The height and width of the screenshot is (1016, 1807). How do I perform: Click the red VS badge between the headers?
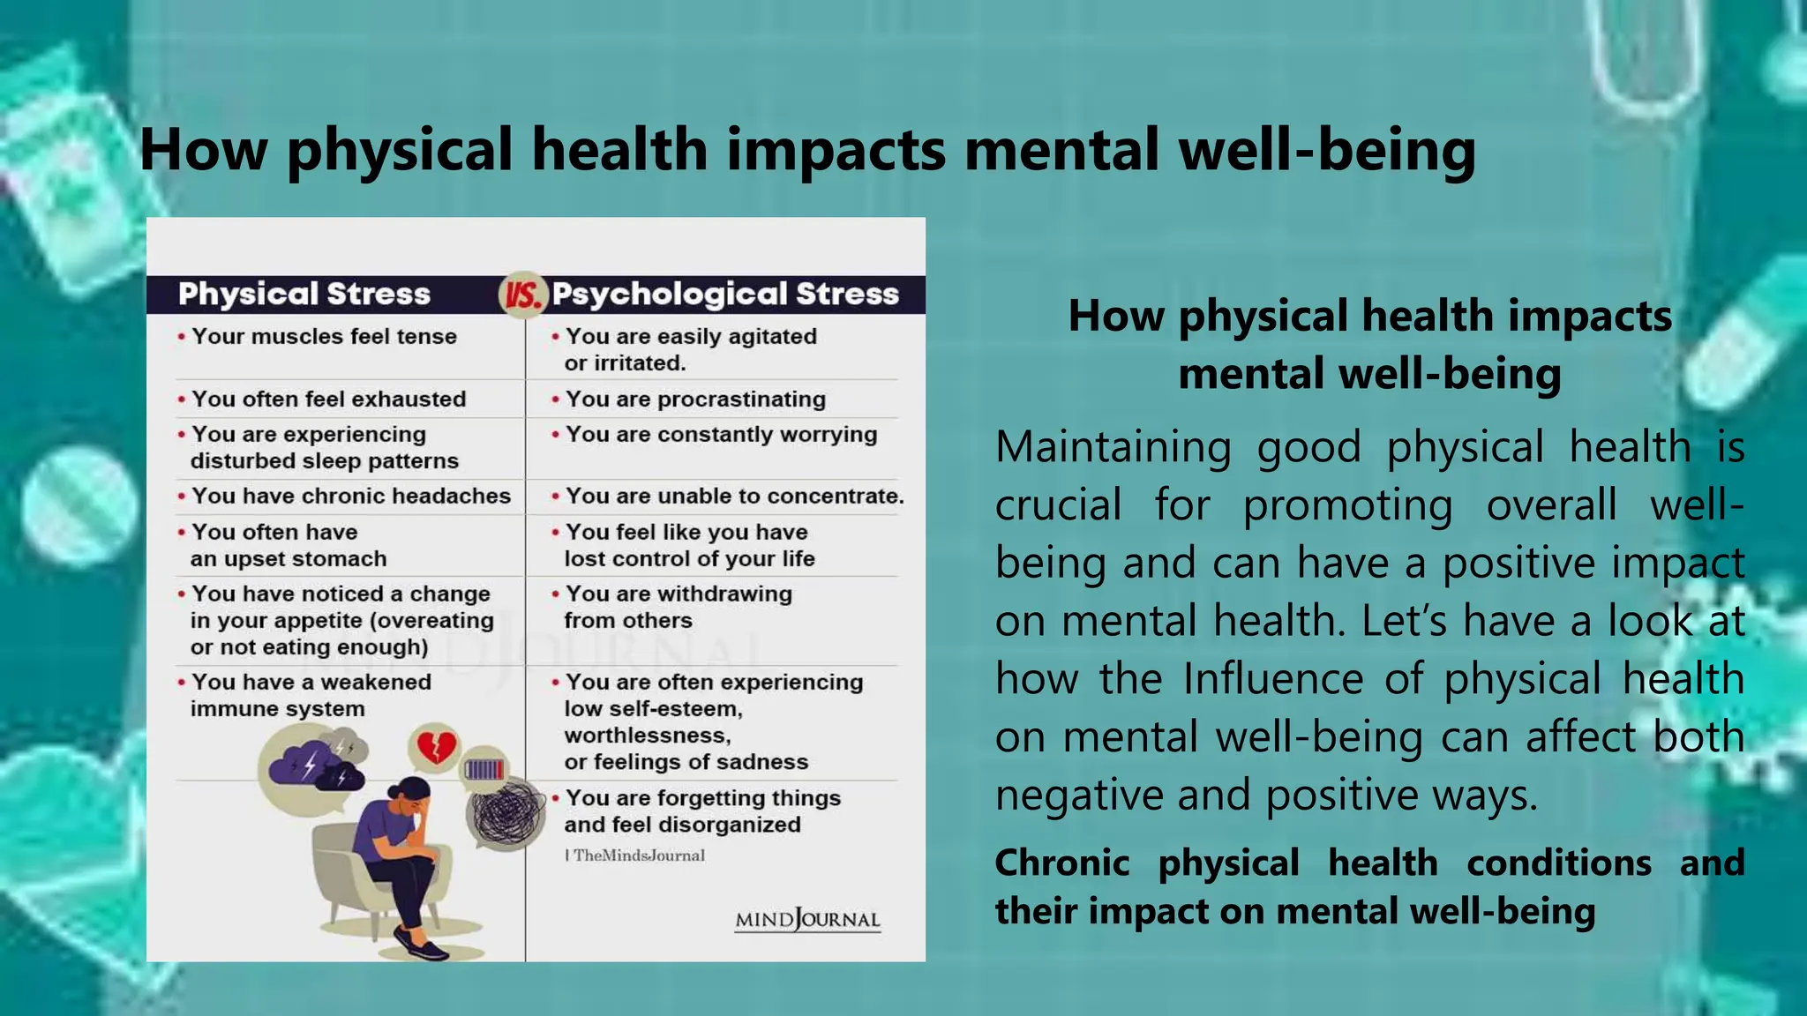click(523, 295)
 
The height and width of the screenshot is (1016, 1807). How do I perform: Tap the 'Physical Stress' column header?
click(304, 294)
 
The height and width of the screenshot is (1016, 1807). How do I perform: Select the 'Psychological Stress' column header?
click(725, 294)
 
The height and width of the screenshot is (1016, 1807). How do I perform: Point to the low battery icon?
click(484, 770)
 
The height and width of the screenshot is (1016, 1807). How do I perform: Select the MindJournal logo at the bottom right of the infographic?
click(807, 920)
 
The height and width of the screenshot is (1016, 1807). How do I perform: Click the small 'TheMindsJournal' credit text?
click(637, 855)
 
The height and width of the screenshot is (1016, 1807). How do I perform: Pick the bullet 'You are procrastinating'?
click(695, 400)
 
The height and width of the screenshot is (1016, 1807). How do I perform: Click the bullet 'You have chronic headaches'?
click(350, 497)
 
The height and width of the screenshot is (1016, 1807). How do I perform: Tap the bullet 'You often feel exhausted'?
click(328, 400)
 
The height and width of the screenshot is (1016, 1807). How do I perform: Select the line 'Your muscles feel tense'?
click(324, 337)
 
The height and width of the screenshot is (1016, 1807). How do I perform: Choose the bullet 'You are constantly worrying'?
click(721, 435)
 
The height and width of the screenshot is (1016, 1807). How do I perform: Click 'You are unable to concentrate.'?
click(734, 497)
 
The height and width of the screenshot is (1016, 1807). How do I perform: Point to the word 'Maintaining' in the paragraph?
click(1113, 447)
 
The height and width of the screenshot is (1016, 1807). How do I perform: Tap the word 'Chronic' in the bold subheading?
click(1062, 863)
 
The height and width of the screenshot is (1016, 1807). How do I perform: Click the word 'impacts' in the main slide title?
click(836, 150)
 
